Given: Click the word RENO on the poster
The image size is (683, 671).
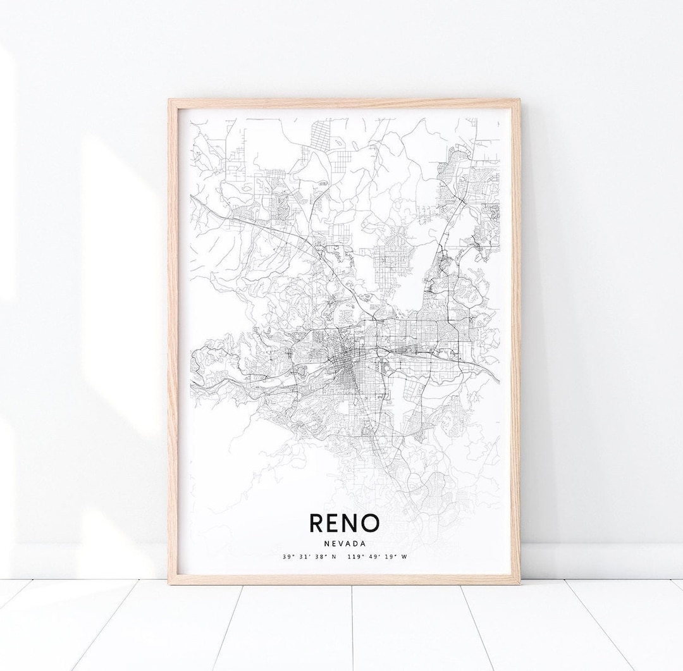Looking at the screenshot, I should click(344, 523).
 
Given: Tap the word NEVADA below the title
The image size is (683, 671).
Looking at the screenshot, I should click(344, 543).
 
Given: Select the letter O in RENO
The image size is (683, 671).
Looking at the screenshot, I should click(370, 523).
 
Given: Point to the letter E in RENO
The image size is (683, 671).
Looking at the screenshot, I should click(335, 523).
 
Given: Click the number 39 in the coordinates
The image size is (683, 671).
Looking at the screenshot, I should click(288, 557).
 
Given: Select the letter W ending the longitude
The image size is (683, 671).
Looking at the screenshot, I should click(404, 557).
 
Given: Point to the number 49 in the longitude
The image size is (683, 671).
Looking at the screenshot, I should click(371, 557).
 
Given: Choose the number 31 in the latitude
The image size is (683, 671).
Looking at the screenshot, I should click(302, 557).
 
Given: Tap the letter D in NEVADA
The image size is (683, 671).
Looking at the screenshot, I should click(355, 543).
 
